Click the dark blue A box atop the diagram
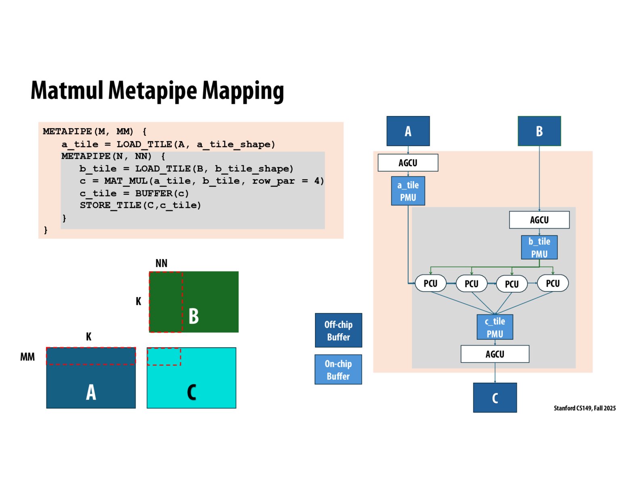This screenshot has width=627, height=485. coord(408,131)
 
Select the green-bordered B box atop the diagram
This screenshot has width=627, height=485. coord(539,131)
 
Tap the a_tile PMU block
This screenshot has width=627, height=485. coord(408,191)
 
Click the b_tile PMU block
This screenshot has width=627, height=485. coord(539,247)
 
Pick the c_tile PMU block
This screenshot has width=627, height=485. coord(495,327)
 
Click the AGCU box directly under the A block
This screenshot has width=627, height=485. coord(408,162)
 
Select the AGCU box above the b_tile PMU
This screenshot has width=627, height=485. coord(539,220)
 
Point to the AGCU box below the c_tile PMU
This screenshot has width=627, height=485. coord(495,354)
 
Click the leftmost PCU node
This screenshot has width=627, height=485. coord(430,283)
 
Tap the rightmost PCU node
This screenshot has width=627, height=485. coord(553,283)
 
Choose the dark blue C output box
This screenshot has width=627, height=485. coord(495,398)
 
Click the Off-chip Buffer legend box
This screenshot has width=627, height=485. coord(338,330)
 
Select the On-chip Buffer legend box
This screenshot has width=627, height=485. coord(338,369)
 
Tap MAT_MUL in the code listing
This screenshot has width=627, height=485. coord(126,181)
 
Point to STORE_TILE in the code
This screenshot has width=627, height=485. coord(110,205)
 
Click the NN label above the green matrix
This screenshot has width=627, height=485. coord(161,264)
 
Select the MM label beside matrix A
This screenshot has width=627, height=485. coord(27,357)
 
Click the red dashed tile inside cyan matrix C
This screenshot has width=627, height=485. coord(164,356)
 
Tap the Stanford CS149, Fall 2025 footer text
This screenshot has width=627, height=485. coord(584,408)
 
